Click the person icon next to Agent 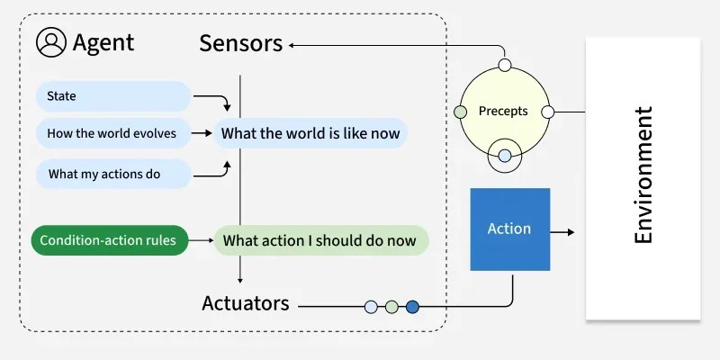51,42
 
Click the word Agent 103,42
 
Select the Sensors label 240,43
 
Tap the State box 113,96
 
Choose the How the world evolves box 113,134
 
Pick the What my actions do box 113,174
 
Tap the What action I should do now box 319,240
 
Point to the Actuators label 246,303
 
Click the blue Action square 509,229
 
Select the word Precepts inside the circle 503,112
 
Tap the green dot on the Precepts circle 461,112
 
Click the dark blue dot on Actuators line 412,307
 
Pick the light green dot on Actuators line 391,307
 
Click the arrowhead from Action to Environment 570,232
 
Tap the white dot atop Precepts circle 505,65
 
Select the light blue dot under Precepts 505,157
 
